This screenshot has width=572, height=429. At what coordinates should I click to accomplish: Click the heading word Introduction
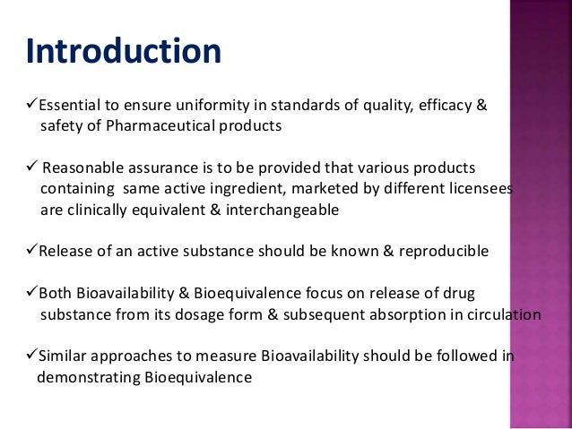click(122, 51)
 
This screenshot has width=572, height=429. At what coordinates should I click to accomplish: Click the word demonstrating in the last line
click(88, 376)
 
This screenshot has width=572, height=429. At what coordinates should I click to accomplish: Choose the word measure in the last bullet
click(204, 356)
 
